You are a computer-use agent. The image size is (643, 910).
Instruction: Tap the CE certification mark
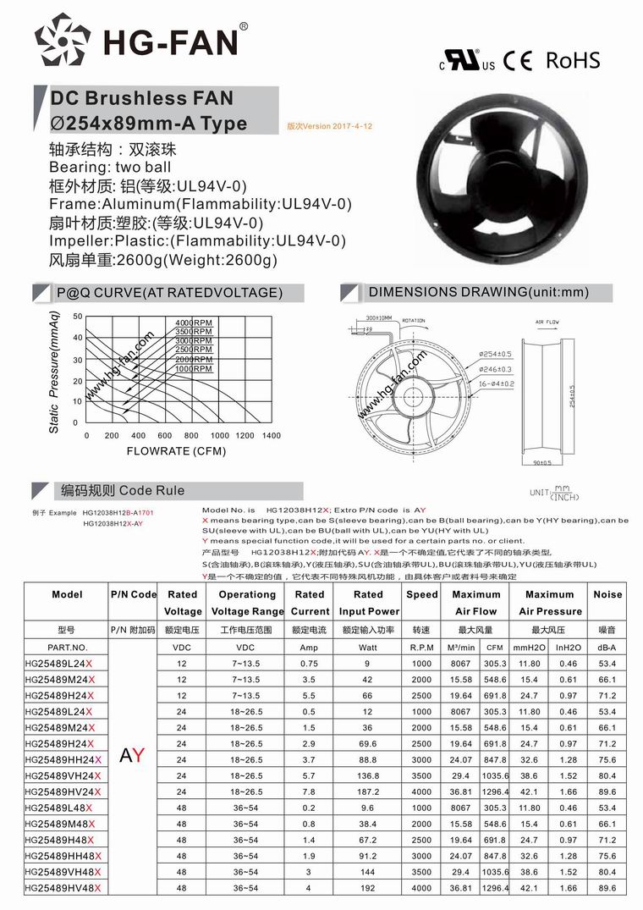click(x=517, y=61)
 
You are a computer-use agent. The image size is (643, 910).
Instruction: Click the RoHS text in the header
click(x=573, y=60)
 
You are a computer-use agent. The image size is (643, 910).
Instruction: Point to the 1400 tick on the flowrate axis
click(x=271, y=435)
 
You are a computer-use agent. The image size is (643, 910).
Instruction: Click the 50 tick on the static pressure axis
click(x=78, y=317)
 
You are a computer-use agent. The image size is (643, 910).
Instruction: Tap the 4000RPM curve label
click(x=194, y=323)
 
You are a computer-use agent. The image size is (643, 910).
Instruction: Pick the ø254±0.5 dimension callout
click(x=496, y=353)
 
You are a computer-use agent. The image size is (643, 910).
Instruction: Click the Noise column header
click(x=607, y=594)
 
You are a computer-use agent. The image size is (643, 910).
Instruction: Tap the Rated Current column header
click(x=310, y=602)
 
